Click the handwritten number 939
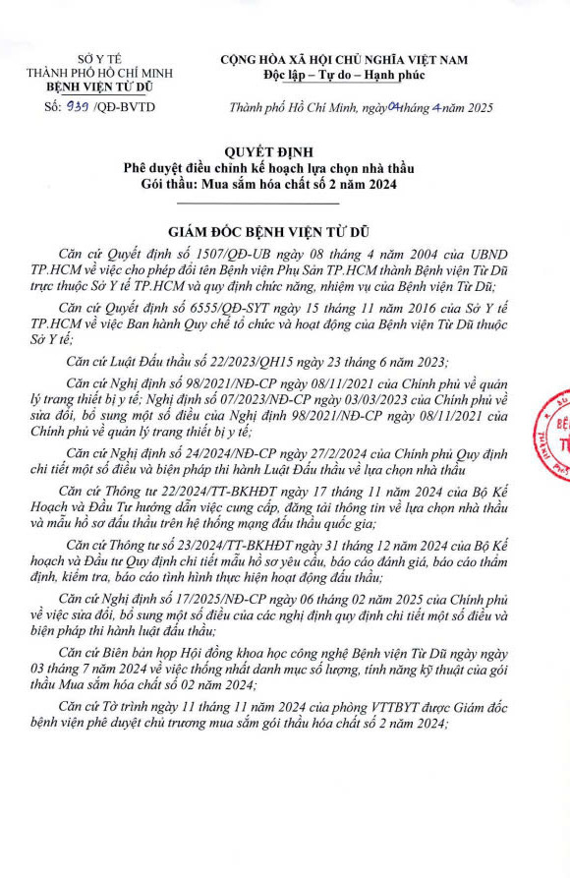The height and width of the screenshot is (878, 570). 76,107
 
